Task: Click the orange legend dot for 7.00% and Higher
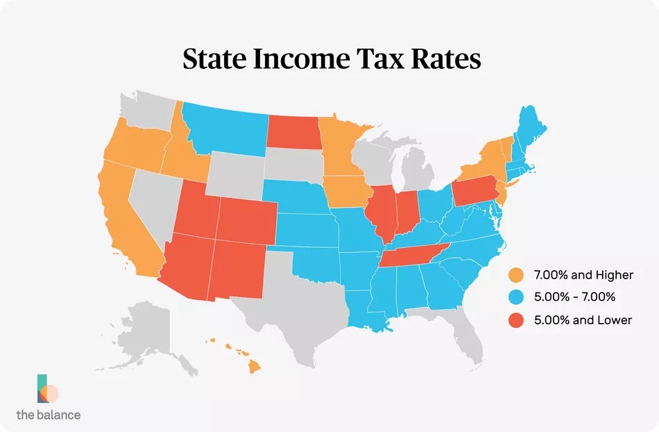[x=515, y=275]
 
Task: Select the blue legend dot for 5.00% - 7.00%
[x=515, y=297]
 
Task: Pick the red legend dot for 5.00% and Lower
[x=515, y=319]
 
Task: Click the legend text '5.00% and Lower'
[x=582, y=319]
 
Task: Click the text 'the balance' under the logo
[x=48, y=415]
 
